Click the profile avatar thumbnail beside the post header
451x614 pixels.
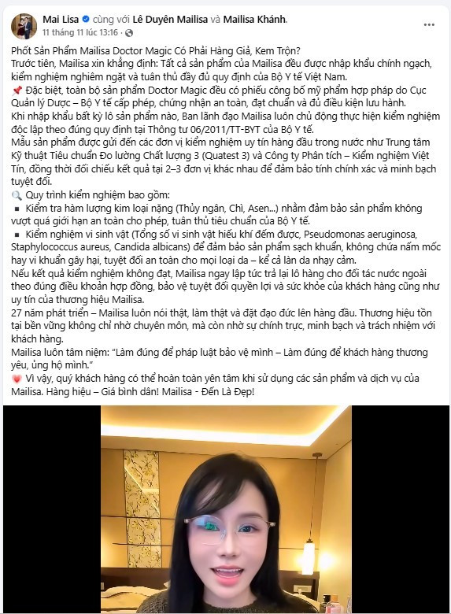pyautogui.click(x=24, y=25)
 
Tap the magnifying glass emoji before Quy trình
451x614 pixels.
pyautogui.click(x=16, y=194)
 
